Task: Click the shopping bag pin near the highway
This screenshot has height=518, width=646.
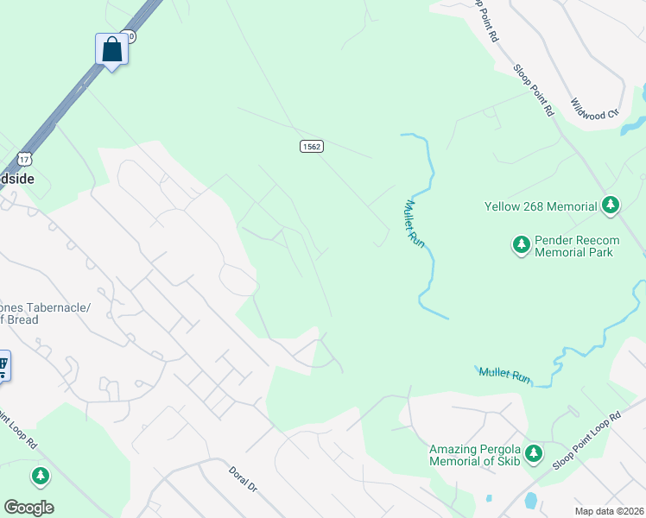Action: pos(112,49)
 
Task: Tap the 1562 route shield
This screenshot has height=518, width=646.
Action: pos(312,147)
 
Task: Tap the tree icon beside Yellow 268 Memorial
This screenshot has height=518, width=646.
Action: pos(611,205)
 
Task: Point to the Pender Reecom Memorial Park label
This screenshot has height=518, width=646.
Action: pos(573,246)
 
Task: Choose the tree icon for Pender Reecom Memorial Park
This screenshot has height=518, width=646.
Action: pos(522,245)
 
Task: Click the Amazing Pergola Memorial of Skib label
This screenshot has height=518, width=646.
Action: pos(478,455)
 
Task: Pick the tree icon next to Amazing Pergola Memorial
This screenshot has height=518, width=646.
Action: pos(535,452)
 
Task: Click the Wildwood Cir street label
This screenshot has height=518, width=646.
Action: pos(596,107)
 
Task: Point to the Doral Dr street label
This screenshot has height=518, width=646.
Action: pos(244,480)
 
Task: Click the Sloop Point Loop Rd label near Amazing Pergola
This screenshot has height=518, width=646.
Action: pos(588,439)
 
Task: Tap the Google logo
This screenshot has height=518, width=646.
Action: pos(28,507)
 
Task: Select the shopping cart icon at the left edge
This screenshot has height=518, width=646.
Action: pos(3,366)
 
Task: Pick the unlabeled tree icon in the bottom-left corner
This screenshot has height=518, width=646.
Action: pos(41,475)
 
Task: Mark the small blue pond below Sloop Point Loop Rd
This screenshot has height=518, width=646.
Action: pos(530,500)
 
